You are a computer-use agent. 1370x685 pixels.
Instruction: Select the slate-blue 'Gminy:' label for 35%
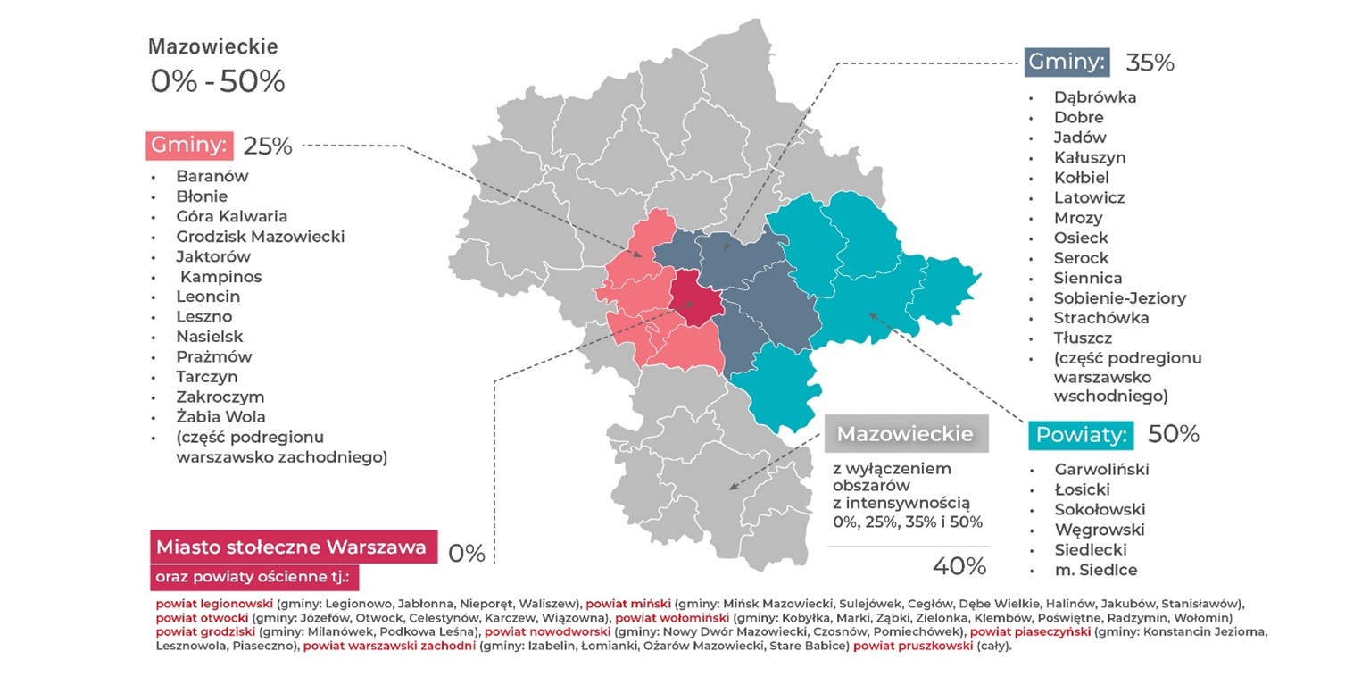tap(1067, 62)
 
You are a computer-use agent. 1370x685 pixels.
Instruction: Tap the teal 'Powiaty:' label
tap(1081, 435)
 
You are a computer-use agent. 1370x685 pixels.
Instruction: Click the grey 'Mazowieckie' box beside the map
tap(905, 435)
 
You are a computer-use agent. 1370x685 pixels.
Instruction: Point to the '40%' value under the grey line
tap(959, 565)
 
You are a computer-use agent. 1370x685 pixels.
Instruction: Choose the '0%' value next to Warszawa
tap(466, 554)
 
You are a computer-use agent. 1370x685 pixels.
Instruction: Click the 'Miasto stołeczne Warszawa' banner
tap(291, 547)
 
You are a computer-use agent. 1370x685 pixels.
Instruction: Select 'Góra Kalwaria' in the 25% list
tap(231, 216)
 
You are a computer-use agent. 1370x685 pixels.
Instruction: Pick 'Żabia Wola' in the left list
tap(220, 416)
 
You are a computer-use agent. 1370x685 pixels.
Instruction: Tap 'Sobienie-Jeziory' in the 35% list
tap(1119, 297)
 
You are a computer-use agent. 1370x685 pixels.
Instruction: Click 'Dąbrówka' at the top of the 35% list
tap(1095, 97)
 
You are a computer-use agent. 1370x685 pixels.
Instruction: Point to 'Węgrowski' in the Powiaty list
tap(1099, 530)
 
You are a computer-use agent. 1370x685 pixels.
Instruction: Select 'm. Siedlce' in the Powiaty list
tap(1096, 570)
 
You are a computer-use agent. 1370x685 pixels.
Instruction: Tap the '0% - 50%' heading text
tap(217, 81)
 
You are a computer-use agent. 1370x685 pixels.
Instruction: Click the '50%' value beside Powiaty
tap(1173, 434)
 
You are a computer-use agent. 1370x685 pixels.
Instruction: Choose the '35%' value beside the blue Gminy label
tap(1150, 63)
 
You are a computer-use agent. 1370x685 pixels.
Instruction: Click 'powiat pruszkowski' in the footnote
tap(912, 646)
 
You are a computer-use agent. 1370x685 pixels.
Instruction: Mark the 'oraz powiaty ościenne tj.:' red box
tap(253, 577)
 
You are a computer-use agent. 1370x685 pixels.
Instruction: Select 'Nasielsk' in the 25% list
tap(209, 337)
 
